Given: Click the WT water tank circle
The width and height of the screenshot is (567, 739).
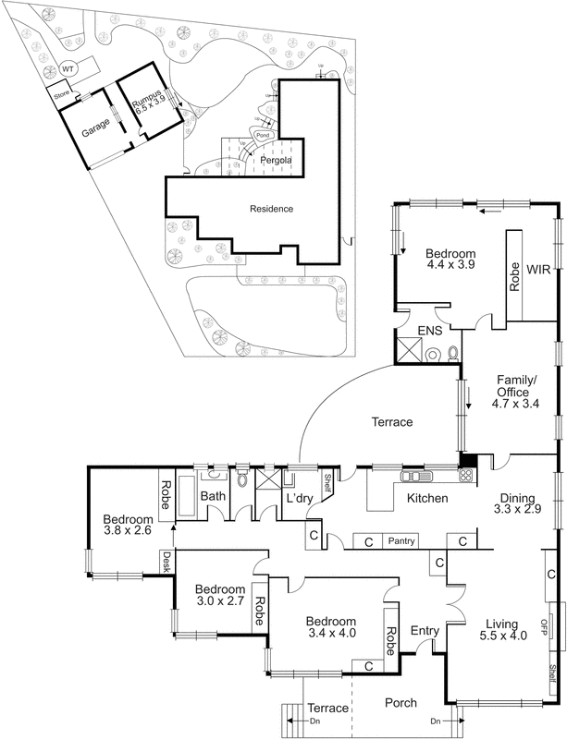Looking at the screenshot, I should (68, 69).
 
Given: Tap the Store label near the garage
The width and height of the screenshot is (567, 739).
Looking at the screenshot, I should (61, 93).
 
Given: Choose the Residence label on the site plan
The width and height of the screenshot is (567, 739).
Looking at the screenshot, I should (271, 209).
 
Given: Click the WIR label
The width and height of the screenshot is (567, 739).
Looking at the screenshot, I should (538, 270).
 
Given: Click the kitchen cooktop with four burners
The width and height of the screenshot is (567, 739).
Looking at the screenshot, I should (465, 477).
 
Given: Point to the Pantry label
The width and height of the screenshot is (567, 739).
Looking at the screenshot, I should (401, 541).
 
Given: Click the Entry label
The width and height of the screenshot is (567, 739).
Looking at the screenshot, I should (425, 631).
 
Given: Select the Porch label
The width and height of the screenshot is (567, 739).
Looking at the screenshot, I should (402, 703).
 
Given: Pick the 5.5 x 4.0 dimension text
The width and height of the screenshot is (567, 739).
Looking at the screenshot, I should (503, 636).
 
